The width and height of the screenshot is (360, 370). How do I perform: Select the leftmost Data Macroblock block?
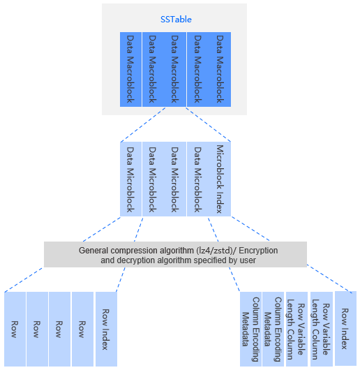[130, 69]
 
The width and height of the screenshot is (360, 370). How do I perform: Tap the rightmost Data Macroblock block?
[220, 69]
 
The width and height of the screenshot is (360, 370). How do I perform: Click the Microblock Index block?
[220, 179]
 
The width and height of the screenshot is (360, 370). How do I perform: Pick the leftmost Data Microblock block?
[130, 179]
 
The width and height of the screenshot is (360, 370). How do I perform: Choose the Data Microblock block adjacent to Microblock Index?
[197, 179]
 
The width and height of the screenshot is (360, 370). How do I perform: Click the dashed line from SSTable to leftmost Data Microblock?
[143, 125]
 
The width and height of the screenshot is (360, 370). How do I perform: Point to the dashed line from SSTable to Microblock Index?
[209, 125]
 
